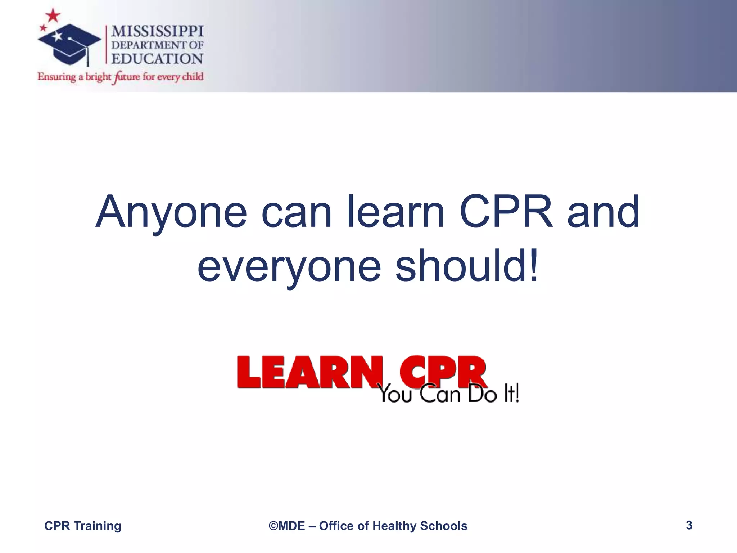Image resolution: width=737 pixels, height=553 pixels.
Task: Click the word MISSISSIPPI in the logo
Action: [157, 32]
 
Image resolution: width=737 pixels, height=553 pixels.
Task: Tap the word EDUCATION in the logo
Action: [157, 59]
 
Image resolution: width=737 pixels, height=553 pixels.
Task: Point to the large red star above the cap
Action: [53, 15]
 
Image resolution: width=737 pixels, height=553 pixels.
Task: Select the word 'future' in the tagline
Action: [126, 77]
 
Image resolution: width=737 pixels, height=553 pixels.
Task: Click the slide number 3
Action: [689, 525]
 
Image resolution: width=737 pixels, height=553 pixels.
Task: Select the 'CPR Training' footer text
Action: [82, 526]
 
